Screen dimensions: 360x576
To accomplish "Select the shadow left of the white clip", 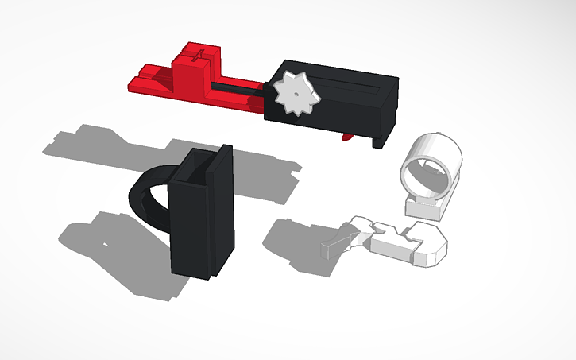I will click(294, 238).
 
